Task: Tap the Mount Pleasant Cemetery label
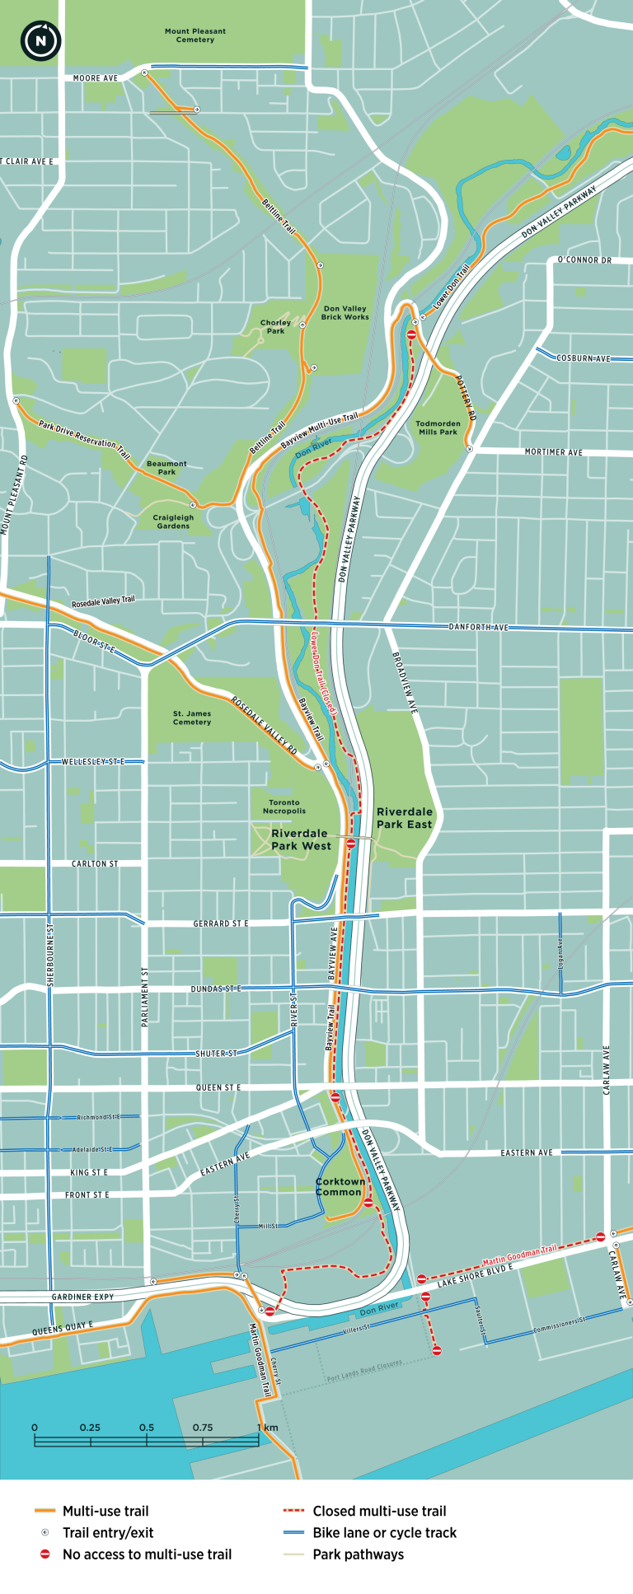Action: click(x=195, y=35)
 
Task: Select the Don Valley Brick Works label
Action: click(x=345, y=312)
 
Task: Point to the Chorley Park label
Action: click(x=275, y=327)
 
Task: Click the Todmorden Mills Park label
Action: click(x=438, y=428)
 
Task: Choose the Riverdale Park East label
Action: click(x=404, y=818)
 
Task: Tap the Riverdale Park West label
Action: click(x=301, y=839)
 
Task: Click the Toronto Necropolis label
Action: click(x=284, y=806)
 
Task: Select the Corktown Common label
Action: click(x=339, y=1186)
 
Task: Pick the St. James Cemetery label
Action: click(x=192, y=718)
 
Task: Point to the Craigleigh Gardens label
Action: click(x=173, y=521)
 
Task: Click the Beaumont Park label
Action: click(x=166, y=468)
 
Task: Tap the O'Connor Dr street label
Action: click(x=584, y=260)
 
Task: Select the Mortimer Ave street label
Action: click(x=553, y=452)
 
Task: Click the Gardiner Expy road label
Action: click(x=82, y=1297)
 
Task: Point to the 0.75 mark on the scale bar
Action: click(x=203, y=1428)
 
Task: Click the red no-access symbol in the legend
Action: click(x=45, y=1554)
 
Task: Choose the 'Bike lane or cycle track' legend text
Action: click(x=384, y=1532)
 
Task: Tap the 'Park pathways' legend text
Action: click(x=358, y=1554)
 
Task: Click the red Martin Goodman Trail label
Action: click(x=519, y=1255)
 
